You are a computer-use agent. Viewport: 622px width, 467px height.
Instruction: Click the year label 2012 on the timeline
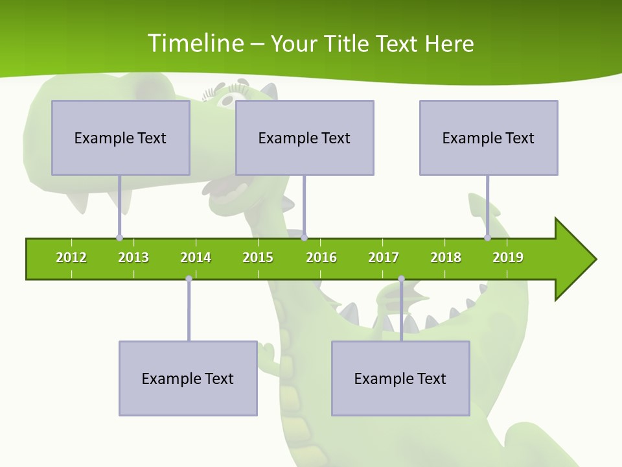[71, 257]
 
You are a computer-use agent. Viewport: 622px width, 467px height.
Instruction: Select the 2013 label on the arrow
[133, 257]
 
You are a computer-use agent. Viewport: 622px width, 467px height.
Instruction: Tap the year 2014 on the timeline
[196, 257]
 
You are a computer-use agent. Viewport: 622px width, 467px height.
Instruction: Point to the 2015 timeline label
[258, 257]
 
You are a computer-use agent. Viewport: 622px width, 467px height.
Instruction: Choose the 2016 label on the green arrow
[321, 257]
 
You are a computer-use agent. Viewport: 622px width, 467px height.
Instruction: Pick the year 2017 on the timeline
[384, 257]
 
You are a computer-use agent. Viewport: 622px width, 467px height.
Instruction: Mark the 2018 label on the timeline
[446, 257]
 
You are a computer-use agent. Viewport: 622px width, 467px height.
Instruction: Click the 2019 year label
[508, 257]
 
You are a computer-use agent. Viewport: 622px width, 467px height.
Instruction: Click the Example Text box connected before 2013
[121, 138]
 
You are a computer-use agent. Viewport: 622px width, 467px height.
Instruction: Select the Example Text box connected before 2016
[305, 138]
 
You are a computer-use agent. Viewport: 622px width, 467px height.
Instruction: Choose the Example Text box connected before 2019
[489, 138]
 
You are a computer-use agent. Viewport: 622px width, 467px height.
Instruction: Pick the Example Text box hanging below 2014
[188, 378]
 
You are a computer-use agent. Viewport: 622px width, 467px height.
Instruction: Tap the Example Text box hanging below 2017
[400, 378]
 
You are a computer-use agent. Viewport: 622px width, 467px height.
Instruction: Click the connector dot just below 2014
[189, 279]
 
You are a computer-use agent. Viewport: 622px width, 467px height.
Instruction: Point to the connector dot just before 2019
[488, 237]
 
